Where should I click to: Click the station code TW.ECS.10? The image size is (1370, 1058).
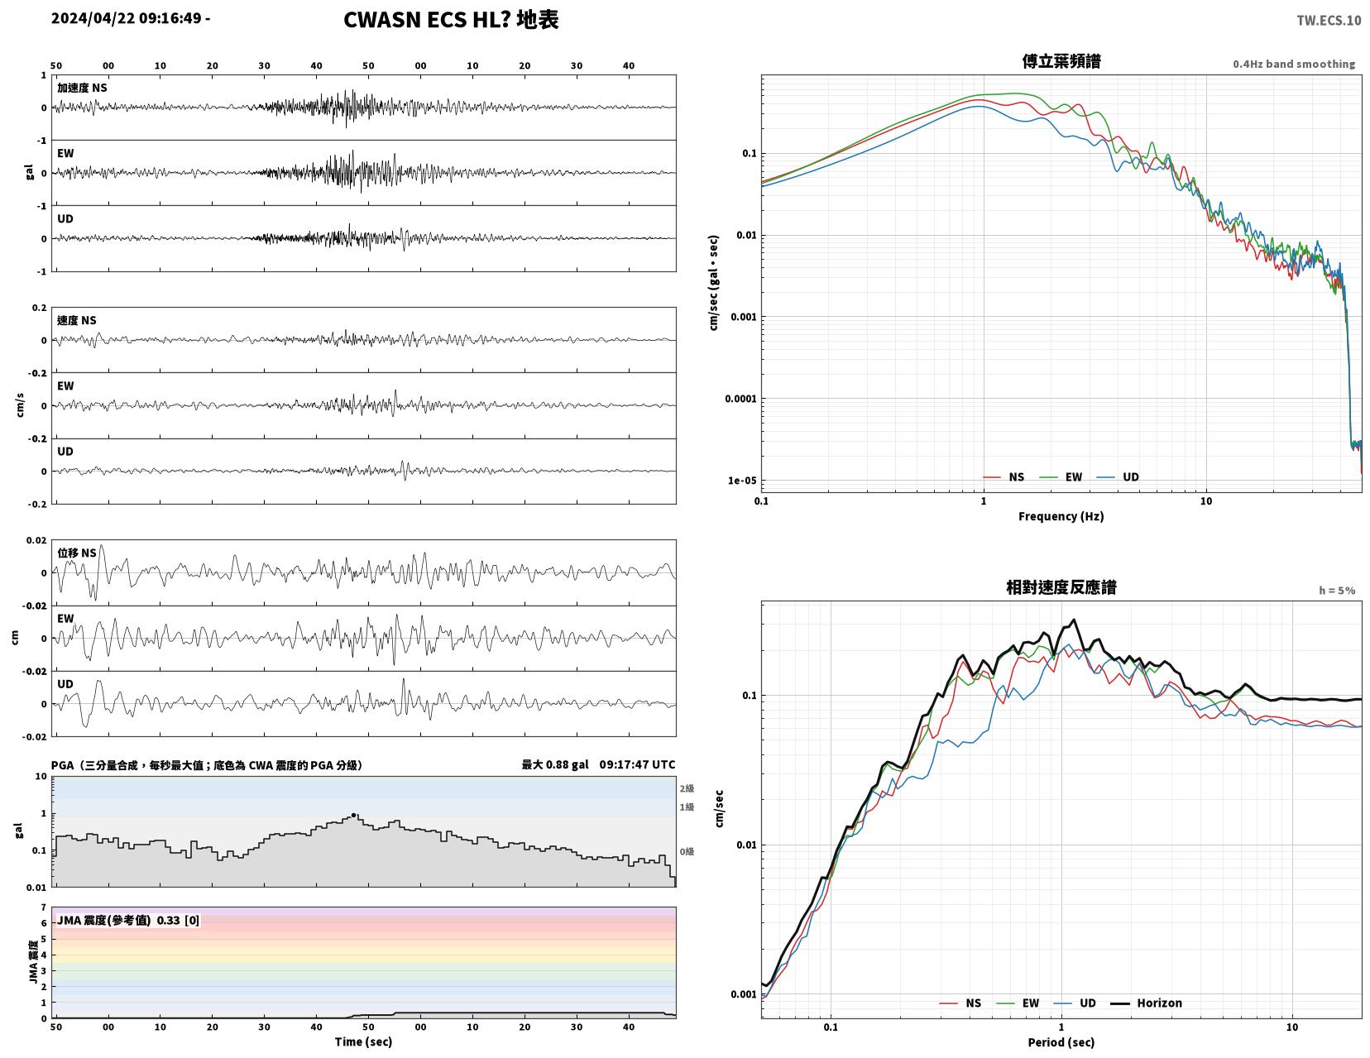coord(1329,20)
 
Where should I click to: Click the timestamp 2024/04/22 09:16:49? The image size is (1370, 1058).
coord(126,17)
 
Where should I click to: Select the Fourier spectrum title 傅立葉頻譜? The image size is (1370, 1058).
coord(1061,61)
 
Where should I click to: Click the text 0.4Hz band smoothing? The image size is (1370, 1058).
coord(1294,64)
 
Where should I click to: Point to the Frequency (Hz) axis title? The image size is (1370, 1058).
coord(1061,516)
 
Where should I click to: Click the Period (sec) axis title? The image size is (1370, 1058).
coord(1061,1041)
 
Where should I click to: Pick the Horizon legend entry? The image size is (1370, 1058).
coord(1146,1003)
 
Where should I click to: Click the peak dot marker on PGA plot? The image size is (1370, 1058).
coord(354,816)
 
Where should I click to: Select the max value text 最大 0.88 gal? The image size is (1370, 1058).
coord(555,764)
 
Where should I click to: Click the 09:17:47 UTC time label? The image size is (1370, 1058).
coord(637,764)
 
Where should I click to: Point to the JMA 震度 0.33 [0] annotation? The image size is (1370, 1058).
coord(128,920)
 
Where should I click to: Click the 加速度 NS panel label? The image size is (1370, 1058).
coord(82,88)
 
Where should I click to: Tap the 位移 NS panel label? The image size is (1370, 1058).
coord(77,553)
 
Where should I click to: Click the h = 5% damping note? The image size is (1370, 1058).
coord(1337,591)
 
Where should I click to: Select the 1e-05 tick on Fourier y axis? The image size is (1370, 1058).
coord(741,480)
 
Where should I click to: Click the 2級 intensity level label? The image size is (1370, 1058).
coord(687,788)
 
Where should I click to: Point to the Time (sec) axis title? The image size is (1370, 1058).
coord(363,1041)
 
